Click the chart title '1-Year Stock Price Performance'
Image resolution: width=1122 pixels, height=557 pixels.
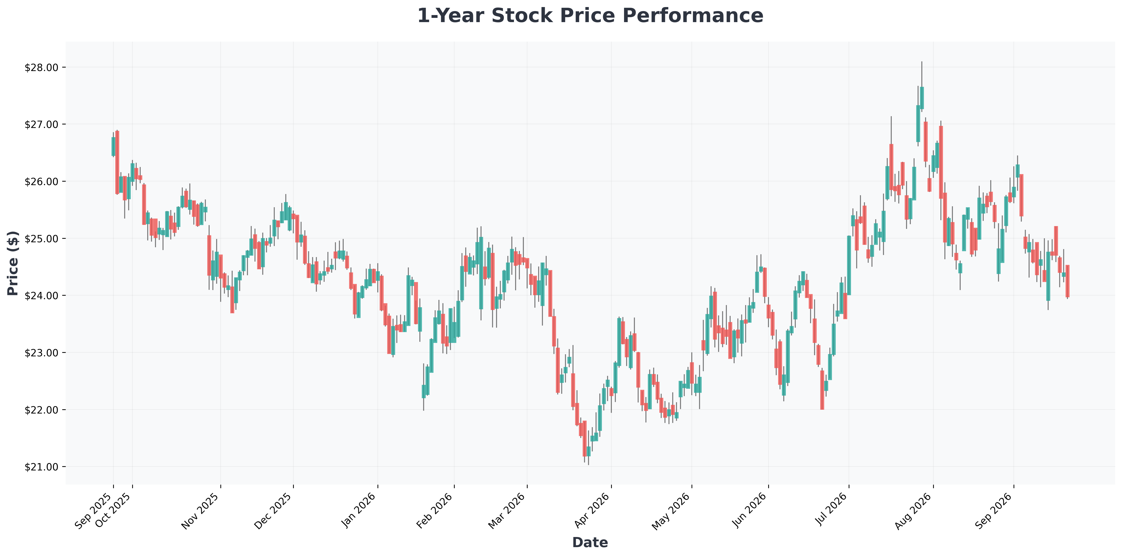[x=590, y=16]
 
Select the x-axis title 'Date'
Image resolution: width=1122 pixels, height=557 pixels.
[x=590, y=542]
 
